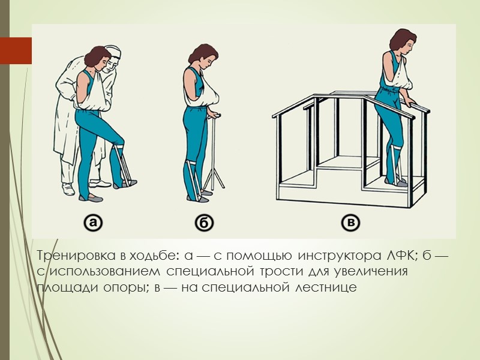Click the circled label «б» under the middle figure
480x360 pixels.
205,224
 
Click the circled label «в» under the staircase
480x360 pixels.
352,224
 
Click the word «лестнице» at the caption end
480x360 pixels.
326,287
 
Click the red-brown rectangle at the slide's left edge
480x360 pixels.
16,51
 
